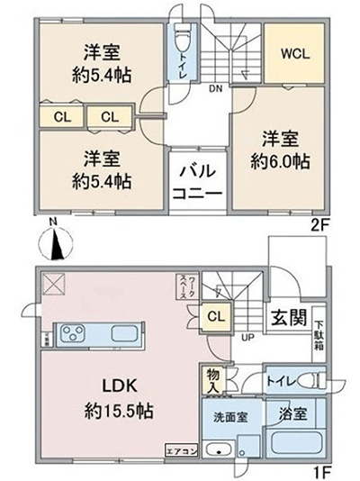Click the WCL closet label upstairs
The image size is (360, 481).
tap(295, 52)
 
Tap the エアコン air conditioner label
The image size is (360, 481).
tap(178, 448)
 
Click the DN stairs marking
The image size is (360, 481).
tap(215, 88)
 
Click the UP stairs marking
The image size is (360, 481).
tap(245, 337)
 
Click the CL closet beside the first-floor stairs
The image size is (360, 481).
tap(215, 316)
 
